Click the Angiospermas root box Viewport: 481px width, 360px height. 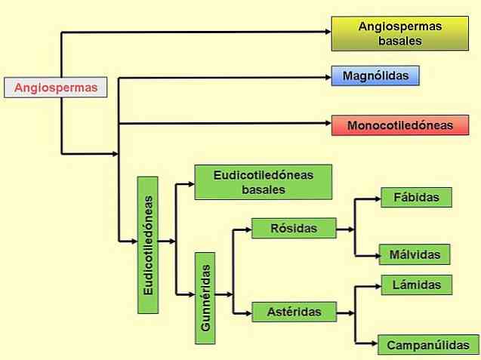click(x=56, y=88)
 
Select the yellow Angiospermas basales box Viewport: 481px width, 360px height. click(x=399, y=33)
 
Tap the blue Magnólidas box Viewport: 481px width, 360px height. click(x=375, y=76)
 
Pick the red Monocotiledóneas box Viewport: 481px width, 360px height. click(x=399, y=125)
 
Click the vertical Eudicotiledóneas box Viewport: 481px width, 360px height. click(x=147, y=245)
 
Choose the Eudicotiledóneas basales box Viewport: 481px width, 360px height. click(x=263, y=182)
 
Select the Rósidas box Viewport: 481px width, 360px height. click(x=294, y=227)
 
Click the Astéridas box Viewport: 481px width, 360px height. click(x=294, y=310)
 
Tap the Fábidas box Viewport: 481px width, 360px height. click(x=416, y=198)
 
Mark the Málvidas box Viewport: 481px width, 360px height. click(x=415, y=254)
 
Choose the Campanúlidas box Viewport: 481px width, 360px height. click(x=427, y=345)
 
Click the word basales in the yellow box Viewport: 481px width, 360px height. click(x=399, y=41)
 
